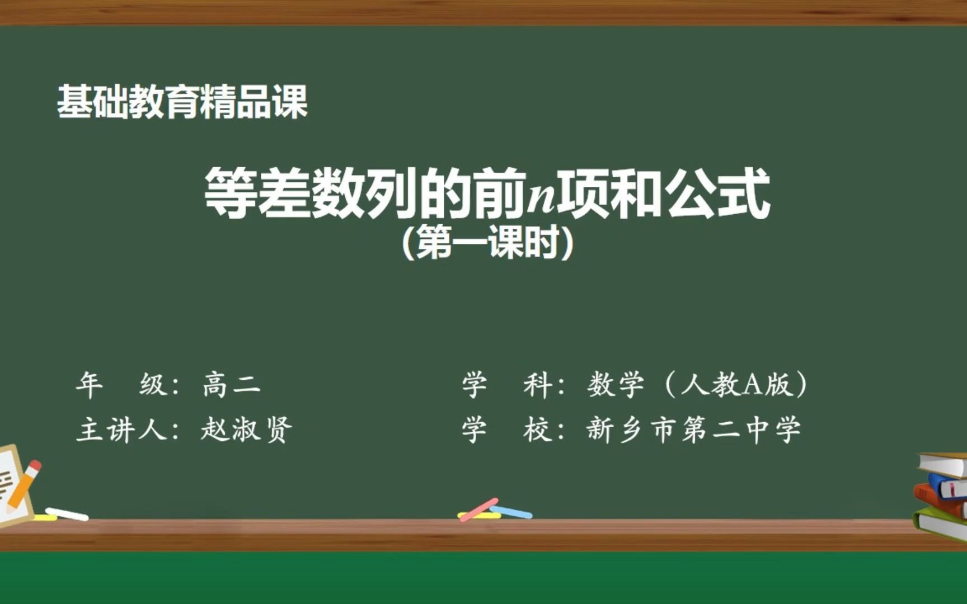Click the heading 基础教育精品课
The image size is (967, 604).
click(x=182, y=102)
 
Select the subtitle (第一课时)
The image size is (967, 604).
click(x=487, y=243)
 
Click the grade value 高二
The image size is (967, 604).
click(x=232, y=385)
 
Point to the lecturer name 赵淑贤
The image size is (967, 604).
click(x=246, y=430)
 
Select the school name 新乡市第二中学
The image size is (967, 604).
click(x=694, y=430)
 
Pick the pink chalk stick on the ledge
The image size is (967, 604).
click(x=478, y=509)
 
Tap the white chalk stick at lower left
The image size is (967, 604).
click(x=67, y=514)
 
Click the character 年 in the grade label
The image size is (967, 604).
click(x=90, y=385)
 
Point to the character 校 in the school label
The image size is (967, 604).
click(x=538, y=430)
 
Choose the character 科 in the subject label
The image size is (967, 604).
click(x=538, y=385)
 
